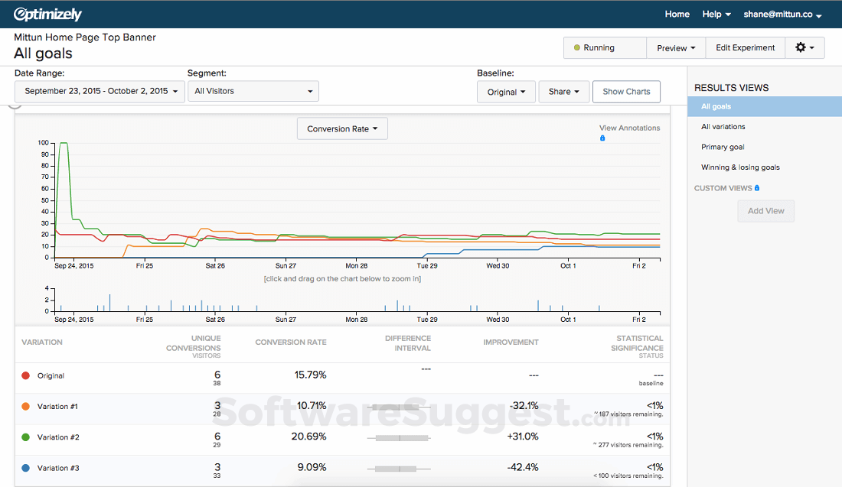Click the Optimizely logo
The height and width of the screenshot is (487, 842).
coord(47,15)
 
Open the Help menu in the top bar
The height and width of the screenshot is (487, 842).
coord(716,15)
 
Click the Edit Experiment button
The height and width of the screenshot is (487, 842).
coord(745,47)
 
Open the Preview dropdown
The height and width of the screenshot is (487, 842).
coord(676,47)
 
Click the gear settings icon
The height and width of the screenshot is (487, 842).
coord(804,47)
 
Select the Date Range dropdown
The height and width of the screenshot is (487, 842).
coord(100,91)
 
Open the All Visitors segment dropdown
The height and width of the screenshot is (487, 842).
coord(253,91)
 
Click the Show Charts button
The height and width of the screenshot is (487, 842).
coord(626,92)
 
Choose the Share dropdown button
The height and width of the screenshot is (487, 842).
coord(563,92)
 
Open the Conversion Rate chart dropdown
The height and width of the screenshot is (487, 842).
coord(342,129)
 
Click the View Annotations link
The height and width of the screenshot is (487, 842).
coord(629,128)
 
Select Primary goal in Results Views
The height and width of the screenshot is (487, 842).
coord(723,147)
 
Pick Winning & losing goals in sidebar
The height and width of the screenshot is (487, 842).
coord(740,167)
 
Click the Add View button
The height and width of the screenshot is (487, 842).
coord(765,211)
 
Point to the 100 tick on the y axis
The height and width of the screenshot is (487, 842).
coord(43,143)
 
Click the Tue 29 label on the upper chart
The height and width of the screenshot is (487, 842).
coord(426,266)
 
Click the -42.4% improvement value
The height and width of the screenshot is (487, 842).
coord(522,467)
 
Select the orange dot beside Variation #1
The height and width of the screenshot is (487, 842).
coord(26,407)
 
